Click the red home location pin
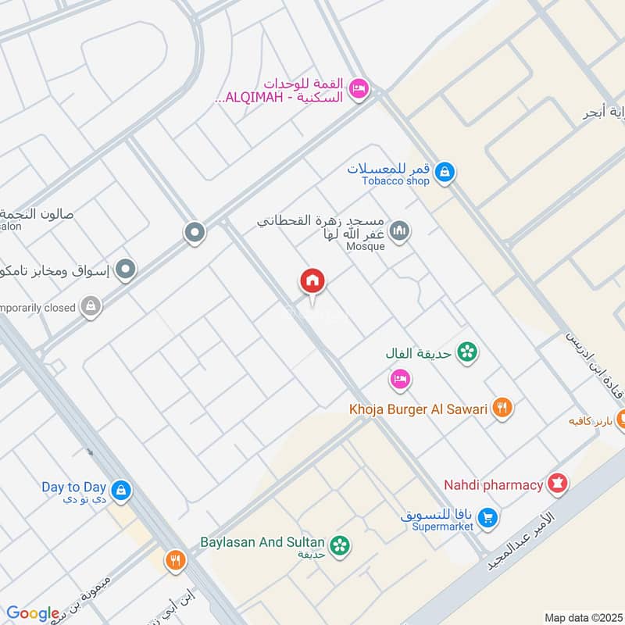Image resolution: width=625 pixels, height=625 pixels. (312, 282)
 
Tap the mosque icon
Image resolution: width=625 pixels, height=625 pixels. (400, 232)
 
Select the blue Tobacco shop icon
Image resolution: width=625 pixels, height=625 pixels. (445, 172)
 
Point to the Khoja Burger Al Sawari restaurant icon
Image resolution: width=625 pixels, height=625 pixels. (502, 408)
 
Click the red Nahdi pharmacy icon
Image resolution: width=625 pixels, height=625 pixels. (558, 484)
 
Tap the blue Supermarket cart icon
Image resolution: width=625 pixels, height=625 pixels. (487, 517)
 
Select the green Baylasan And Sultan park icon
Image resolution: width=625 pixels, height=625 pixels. (340, 545)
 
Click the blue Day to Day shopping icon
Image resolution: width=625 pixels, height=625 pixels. (120, 491)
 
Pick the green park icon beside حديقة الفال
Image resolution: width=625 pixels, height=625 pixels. (467, 352)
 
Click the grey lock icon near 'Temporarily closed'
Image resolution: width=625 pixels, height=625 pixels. (91, 307)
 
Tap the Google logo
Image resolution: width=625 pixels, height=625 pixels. (32, 613)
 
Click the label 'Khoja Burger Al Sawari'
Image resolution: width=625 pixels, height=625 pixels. (419, 409)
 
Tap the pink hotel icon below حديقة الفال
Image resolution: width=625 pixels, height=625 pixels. (400, 380)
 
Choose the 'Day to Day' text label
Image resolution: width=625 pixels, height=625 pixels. (74, 487)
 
